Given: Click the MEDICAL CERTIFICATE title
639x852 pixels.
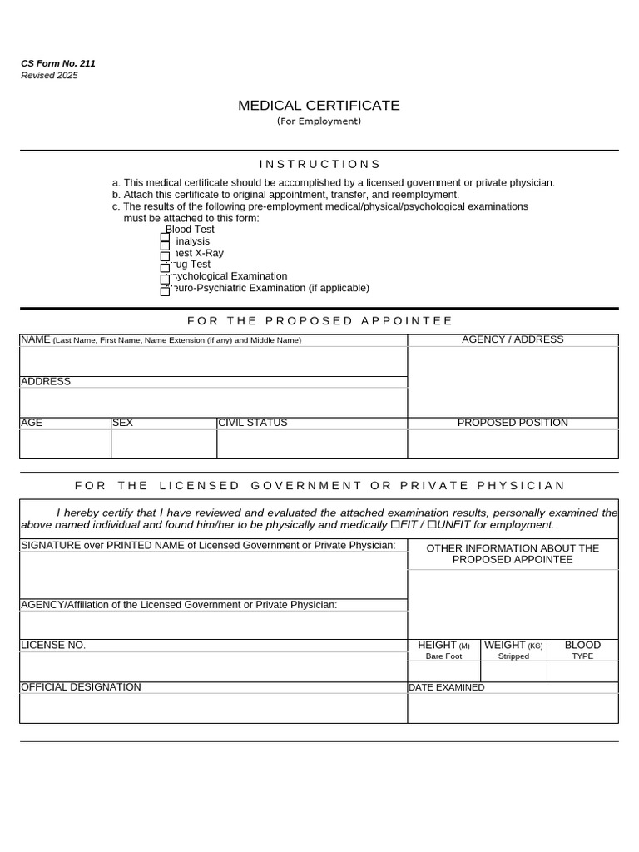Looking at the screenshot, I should (319, 106).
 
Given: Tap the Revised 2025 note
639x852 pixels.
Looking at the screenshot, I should (49, 76).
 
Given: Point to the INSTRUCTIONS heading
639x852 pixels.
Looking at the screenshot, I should (319, 165).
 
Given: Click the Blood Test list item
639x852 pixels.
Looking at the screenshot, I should (191, 230).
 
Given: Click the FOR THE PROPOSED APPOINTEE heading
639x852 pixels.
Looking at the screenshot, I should (319, 321).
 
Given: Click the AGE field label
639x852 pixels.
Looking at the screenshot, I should (32, 423).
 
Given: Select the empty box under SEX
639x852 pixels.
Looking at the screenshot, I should (163, 443).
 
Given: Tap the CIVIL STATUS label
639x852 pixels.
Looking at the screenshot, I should (252, 423).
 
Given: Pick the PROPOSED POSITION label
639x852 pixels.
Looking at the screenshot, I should (513, 423).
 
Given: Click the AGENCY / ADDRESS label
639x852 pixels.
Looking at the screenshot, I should (513, 339).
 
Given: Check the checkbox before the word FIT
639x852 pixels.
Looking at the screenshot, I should (394, 525).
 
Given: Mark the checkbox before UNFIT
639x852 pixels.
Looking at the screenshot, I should (432, 525).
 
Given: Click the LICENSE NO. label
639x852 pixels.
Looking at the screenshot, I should (53, 646).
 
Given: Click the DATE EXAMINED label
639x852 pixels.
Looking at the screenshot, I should (446, 688).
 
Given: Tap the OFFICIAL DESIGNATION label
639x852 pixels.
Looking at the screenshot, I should (81, 687).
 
